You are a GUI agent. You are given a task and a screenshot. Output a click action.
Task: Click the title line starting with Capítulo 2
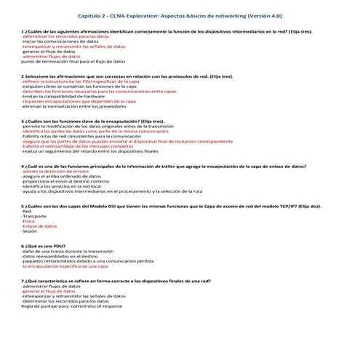(180, 15)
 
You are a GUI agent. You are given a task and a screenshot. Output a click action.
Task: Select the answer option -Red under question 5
(27, 211)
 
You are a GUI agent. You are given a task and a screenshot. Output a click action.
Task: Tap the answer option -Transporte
(34, 216)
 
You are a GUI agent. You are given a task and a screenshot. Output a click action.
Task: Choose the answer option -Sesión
(30, 231)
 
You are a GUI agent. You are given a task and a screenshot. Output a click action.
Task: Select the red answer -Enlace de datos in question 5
(40, 226)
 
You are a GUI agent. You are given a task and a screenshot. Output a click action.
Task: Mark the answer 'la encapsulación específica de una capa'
(68, 267)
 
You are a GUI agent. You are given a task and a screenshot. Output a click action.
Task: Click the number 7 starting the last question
(24, 281)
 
